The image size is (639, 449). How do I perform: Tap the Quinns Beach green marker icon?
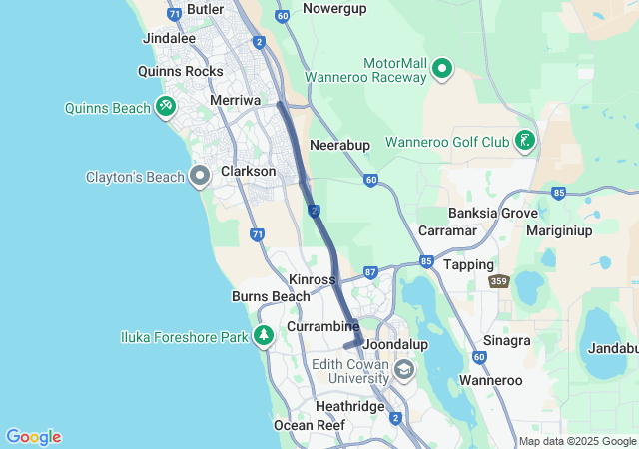(166, 107)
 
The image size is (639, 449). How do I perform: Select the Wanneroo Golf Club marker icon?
(524, 141)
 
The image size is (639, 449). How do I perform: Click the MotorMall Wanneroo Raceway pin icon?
(442, 68)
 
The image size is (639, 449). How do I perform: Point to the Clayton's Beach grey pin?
(199, 177)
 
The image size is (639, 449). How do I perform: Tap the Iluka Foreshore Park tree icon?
(264, 336)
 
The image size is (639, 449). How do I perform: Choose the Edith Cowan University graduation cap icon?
(404, 371)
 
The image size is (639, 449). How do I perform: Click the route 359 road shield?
(499, 282)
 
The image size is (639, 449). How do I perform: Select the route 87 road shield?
(370, 272)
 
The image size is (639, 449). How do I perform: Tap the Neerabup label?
(339, 145)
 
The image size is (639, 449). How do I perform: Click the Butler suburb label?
(205, 9)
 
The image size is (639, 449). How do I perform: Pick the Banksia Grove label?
(493, 213)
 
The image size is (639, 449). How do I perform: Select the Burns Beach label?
(271, 296)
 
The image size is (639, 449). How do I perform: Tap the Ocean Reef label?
(310, 425)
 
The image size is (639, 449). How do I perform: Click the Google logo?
(33, 437)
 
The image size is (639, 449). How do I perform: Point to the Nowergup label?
(334, 8)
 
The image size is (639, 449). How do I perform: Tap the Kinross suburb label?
(312, 279)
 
